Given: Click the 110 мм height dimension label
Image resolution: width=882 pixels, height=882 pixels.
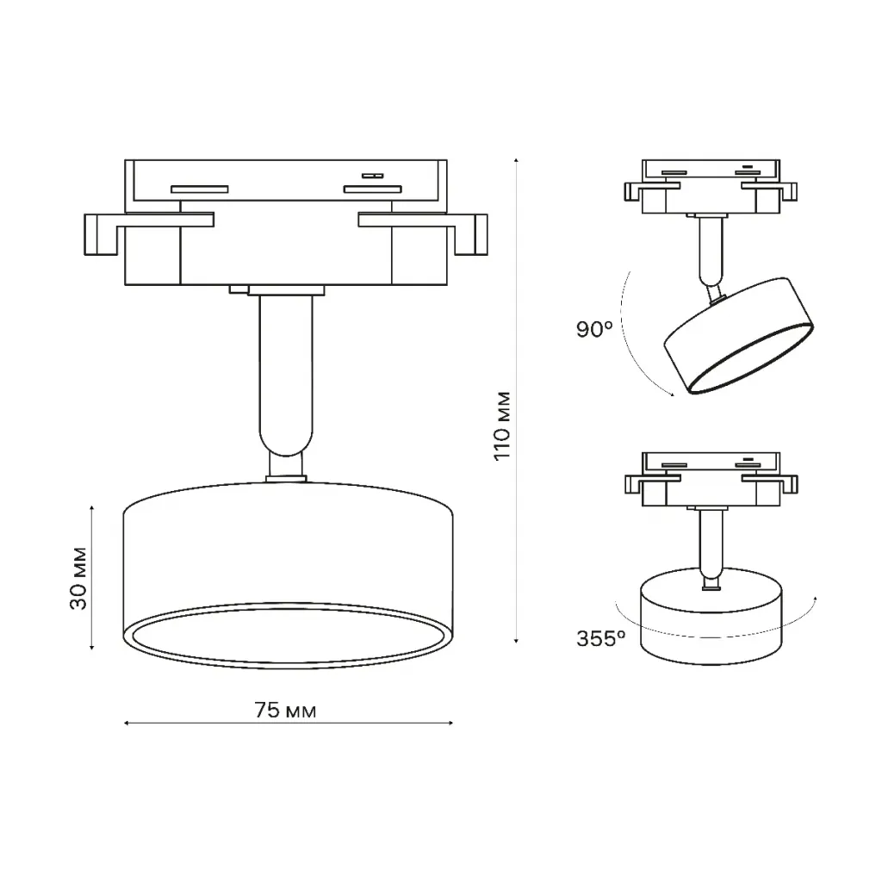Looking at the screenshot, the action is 502,425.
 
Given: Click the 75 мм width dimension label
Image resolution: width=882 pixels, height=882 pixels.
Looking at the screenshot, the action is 285,711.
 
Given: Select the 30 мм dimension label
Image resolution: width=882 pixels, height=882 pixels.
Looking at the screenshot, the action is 78,578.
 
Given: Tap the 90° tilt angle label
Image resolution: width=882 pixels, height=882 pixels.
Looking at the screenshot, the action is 594,329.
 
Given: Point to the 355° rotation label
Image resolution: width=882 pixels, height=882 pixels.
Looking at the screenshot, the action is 600,638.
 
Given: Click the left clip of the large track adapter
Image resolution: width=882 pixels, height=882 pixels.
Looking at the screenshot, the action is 149,233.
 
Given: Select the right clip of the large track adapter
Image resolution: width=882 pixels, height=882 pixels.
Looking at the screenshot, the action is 423,233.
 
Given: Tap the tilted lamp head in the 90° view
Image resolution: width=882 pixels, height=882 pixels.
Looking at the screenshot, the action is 738,335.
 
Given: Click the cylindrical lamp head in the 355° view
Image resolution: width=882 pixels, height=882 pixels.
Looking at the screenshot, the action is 711,616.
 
